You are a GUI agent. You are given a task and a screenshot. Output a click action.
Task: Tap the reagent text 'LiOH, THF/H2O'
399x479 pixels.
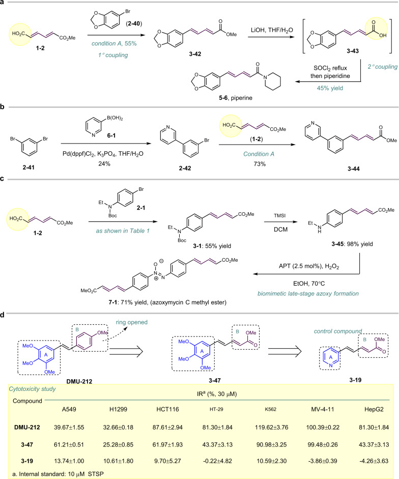coord(269,31)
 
